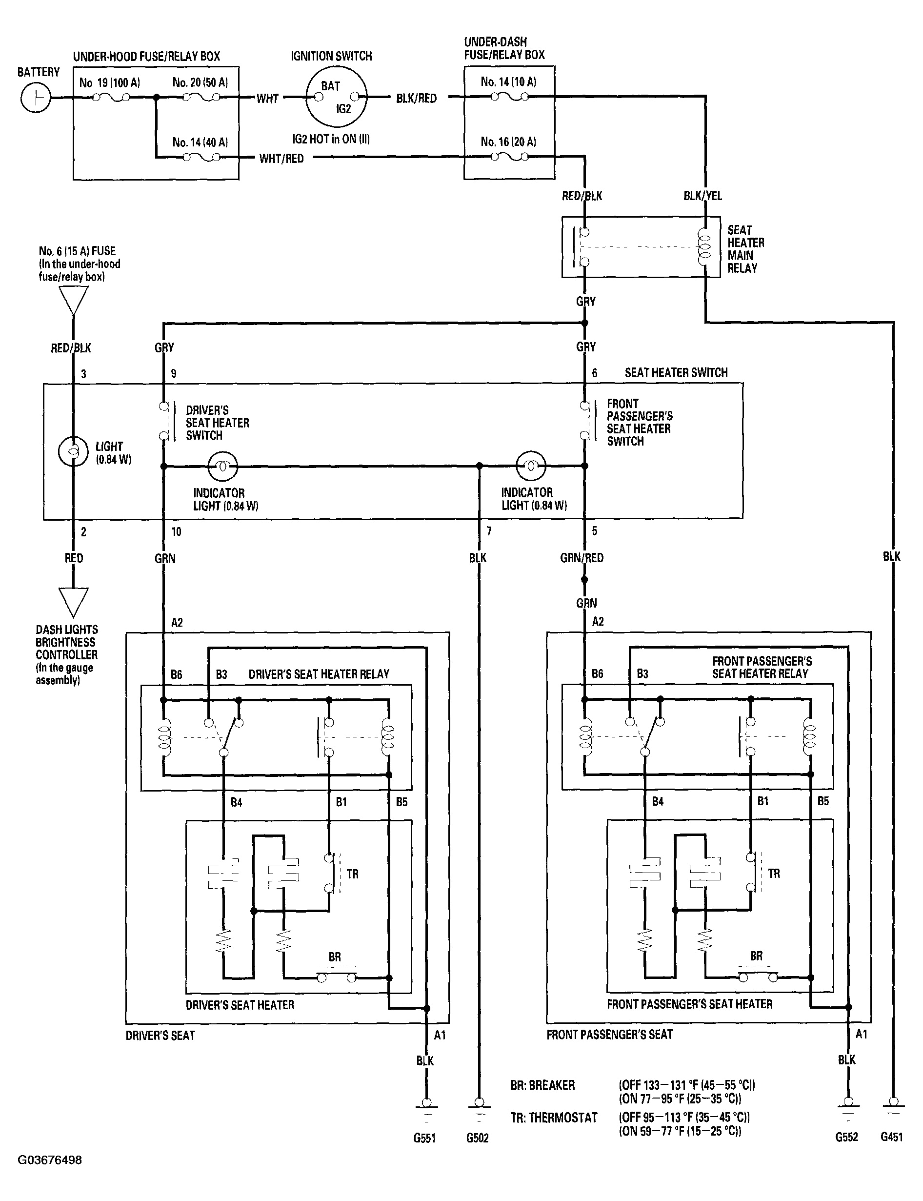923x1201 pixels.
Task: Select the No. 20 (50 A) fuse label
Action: pyautogui.click(x=200, y=82)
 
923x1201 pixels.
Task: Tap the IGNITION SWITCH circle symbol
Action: pyautogui.click(x=336, y=97)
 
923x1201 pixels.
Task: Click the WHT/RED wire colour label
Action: pyautogui.click(x=281, y=159)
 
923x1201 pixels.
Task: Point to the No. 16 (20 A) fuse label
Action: pyautogui.click(x=508, y=142)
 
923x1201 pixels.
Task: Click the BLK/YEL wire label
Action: pyautogui.click(x=702, y=196)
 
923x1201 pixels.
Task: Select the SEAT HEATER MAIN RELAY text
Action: pyautogui.click(x=745, y=249)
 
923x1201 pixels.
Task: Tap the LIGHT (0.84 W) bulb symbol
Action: pyautogui.click(x=73, y=451)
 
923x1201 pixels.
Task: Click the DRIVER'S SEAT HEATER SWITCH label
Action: pyautogui.click(x=217, y=423)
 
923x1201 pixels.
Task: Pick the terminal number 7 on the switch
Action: pyautogui.click(x=488, y=531)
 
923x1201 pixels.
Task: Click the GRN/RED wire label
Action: pyautogui.click(x=582, y=558)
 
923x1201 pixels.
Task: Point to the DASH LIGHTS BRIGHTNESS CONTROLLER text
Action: pyautogui.click(x=66, y=654)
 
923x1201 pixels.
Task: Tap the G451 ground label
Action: pyautogui.click(x=891, y=1137)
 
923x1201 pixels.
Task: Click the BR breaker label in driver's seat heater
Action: pyautogui.click(x=335, y=957)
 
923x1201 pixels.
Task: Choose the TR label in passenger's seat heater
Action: pyautogui.click(x=774, y=874)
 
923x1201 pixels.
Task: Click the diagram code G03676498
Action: pyautogui.click(x=49, y=1160)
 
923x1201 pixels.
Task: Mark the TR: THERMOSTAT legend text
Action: pyautogui.click(x=553, y=1118)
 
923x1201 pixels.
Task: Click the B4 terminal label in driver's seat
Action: pyautogui.click(x=236, y=802)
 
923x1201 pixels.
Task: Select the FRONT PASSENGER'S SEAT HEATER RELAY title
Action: pyautogui.click(x=762, y=667)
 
